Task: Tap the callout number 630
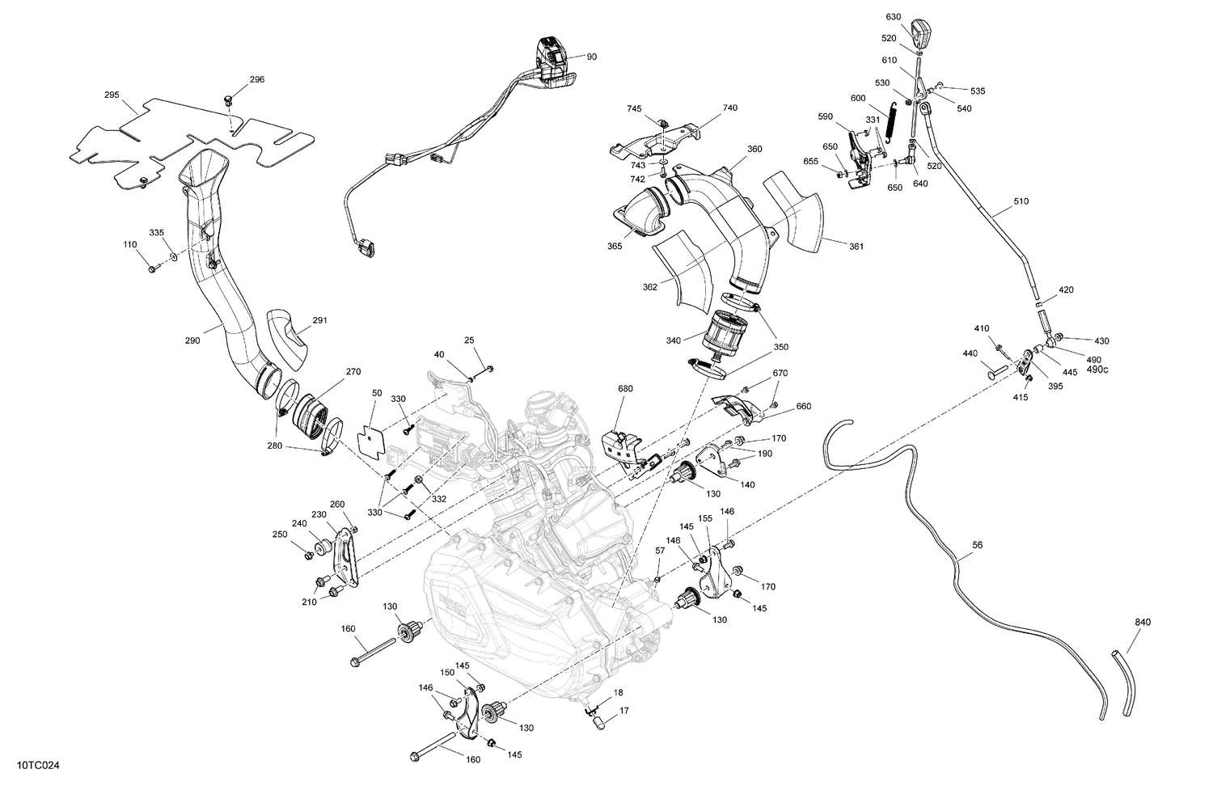893,16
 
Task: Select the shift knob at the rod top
920,32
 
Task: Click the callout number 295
112,95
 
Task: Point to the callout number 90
592,57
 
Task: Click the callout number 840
1143,622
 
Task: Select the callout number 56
978,546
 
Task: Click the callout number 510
1021,201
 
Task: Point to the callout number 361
856,247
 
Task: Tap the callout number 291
320,320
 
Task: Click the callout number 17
623,712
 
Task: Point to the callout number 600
858,98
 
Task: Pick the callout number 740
730,108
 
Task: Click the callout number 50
377,392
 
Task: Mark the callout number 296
256,80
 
